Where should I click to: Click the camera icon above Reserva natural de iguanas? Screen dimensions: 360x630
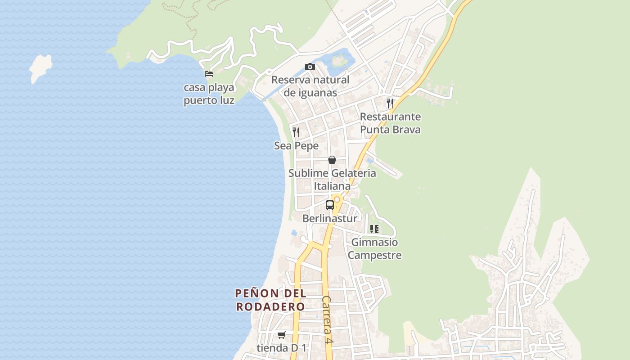tap(310, 67)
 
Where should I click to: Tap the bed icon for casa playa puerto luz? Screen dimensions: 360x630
tap(209, 74)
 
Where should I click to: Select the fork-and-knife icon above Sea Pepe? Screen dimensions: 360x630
tap(296, 132)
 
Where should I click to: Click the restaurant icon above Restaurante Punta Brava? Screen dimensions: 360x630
tap(390, 103)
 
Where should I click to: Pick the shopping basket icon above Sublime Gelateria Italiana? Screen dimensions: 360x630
tap(332, 160)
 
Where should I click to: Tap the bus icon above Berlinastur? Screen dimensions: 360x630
tap(330, 205)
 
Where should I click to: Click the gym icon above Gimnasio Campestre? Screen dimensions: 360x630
tap(374, 229)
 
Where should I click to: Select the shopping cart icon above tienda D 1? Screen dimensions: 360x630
tap(282, 335)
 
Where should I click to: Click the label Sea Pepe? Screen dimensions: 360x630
tap(296, 146)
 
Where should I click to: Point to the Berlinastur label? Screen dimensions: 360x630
tap(330, 219)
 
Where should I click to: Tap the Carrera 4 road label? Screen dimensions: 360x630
tap(328, 320)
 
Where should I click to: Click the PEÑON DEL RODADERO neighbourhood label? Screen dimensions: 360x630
tap(271, 300)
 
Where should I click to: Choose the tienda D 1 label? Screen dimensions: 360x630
tap(281, 348)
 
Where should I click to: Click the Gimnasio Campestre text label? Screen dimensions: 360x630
tap(374, 249)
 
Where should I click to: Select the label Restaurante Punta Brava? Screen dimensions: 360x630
tap(390, 123)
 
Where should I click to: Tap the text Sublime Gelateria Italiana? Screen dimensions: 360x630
tap(332, 180)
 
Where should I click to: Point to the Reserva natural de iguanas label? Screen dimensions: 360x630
tap(310, 86)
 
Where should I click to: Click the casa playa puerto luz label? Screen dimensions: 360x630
tap(209, 94)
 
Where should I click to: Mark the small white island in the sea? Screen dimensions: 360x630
tap(40, 67)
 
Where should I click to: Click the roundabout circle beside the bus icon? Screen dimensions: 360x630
tap(337, 199)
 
